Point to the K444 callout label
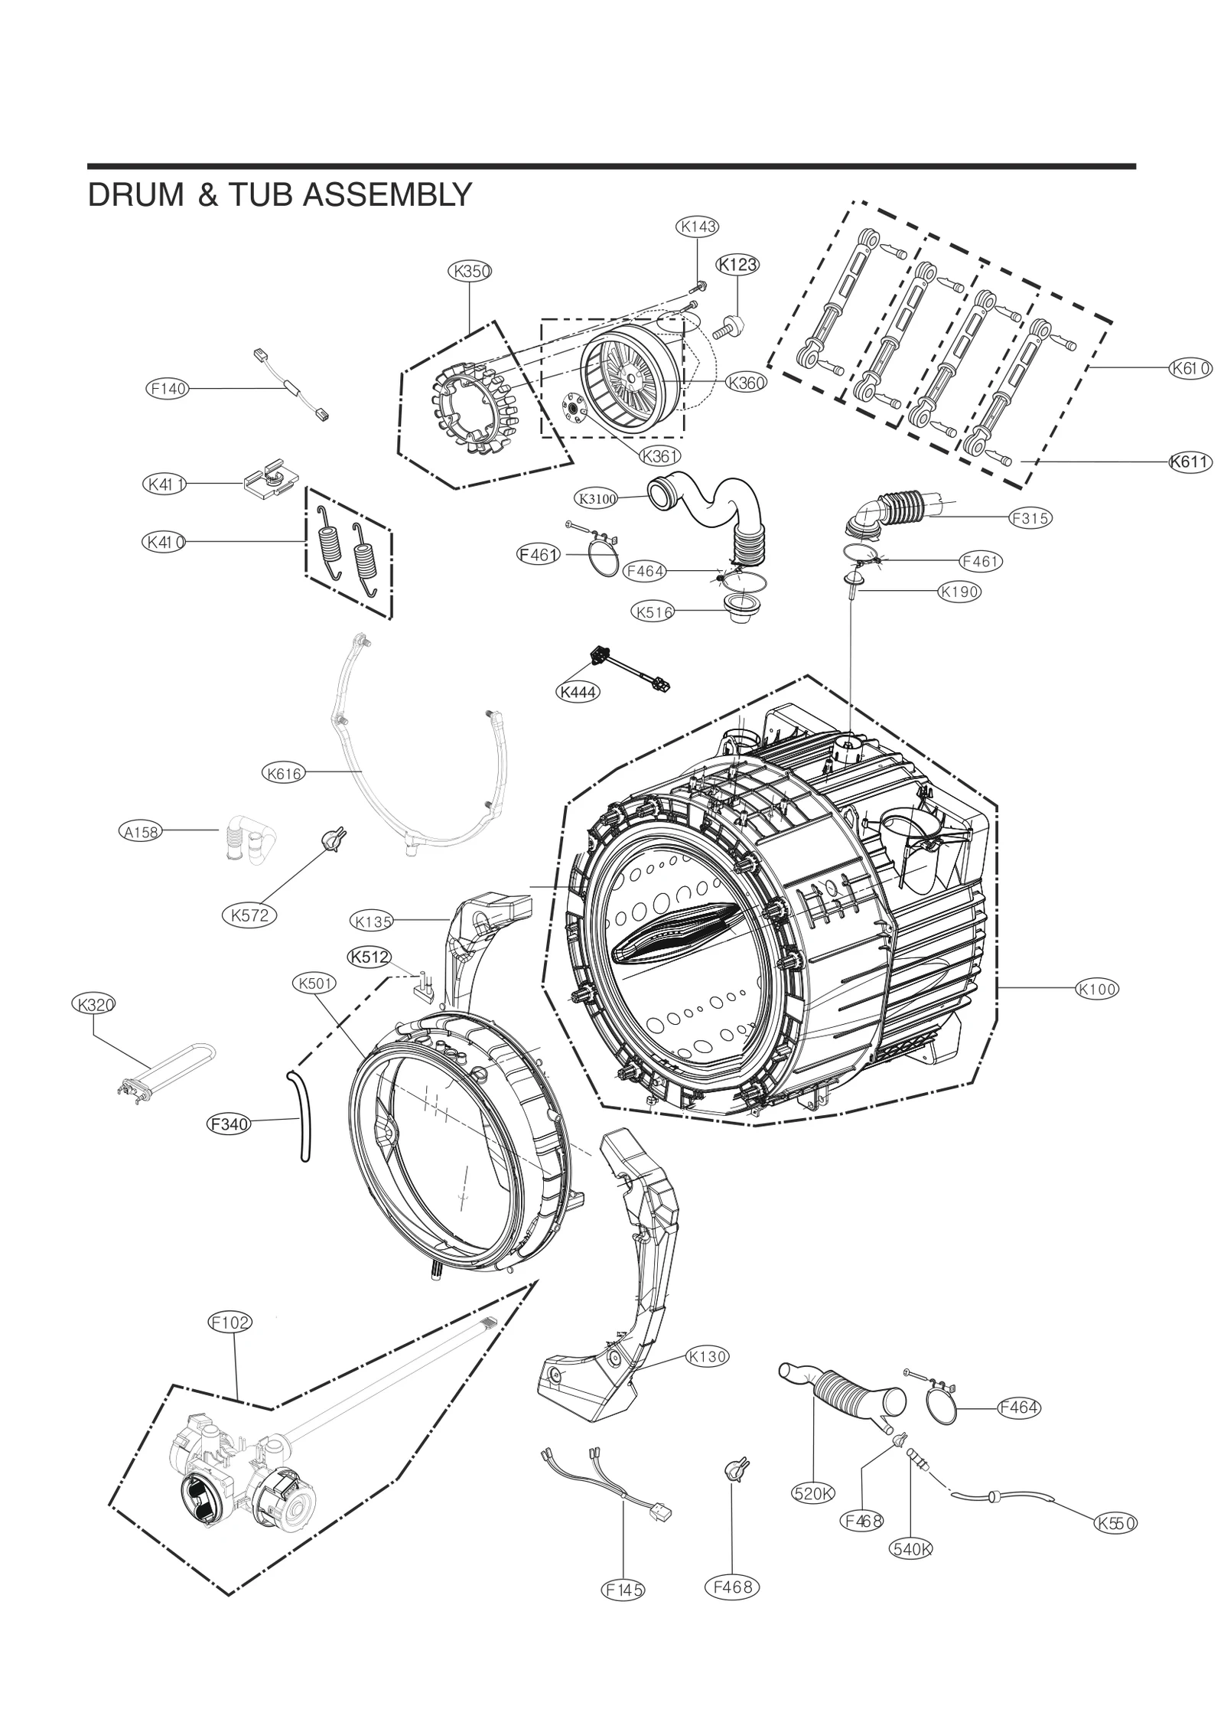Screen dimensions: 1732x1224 pos(578,692)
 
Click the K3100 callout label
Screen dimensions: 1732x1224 pos(596,499)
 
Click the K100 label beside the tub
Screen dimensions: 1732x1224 pos(1097,989)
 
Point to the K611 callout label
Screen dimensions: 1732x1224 pos(1190,462)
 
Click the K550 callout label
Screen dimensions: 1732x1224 pos(1115,1524)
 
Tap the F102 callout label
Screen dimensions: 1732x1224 pos(230,1322)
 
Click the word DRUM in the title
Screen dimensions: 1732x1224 pos(135,196)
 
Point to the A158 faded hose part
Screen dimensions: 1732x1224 pos(250,840)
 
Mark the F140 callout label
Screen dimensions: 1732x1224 pos(167,389)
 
